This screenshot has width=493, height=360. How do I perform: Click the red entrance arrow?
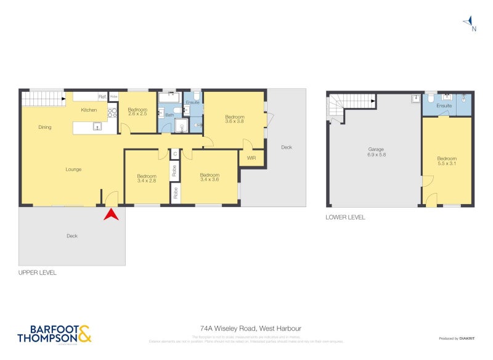click(x=112, y=215)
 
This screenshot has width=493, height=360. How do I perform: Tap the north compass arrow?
click(x=470, y=23)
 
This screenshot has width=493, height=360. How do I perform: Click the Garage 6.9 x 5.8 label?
click(x=376, y=152)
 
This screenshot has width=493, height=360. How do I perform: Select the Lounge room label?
click(x=74, y=169)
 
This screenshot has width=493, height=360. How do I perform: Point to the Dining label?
click(x=45, y=128)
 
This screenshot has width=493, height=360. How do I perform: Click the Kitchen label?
click(x=89, y=110)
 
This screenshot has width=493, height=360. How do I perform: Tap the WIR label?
click(x=251, y=158)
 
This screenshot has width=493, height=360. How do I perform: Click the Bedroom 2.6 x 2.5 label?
click(x=137, y=112)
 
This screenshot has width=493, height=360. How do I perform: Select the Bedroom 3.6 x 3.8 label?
click(x=234, y=120)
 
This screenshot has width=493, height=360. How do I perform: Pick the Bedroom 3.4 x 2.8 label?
click(x=147, y=179)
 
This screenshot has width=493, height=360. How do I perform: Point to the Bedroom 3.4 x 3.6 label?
click(x=210, y=178)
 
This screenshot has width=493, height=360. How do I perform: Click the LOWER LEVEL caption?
click(x=345, y=217)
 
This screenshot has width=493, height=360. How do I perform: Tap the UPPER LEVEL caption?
click(x=38, y=272)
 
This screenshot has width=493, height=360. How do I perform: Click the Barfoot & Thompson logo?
click(x=54, y=333)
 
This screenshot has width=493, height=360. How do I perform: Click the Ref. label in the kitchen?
click(x=102, y=97)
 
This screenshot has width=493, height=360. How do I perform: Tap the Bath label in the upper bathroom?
click(x=169, y=115)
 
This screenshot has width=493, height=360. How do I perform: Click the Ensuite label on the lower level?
click(x=444, y=106)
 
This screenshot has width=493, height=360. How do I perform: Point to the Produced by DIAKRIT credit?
click(x=457, y=338)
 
